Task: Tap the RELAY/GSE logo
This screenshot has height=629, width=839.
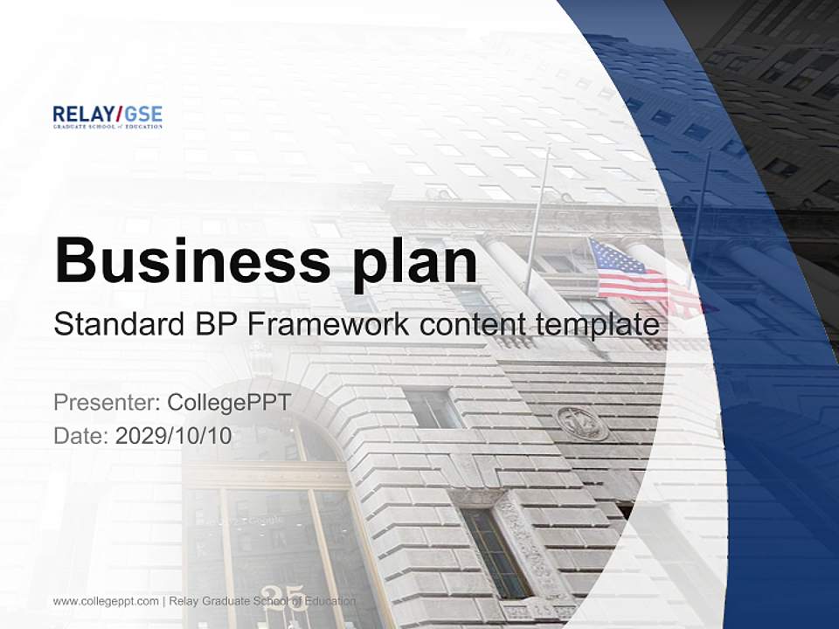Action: tap(107, 117)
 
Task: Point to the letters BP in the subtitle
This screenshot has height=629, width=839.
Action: tap(210, 326)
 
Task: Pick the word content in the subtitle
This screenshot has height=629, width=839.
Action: tap(471, 326)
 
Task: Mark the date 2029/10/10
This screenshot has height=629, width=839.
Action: tap(174, 435)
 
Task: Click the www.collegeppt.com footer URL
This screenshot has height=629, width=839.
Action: tap(106, 601)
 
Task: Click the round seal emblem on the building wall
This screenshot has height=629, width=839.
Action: tap(582, 423)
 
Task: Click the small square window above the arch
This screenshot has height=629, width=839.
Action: tap(432, 408)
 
